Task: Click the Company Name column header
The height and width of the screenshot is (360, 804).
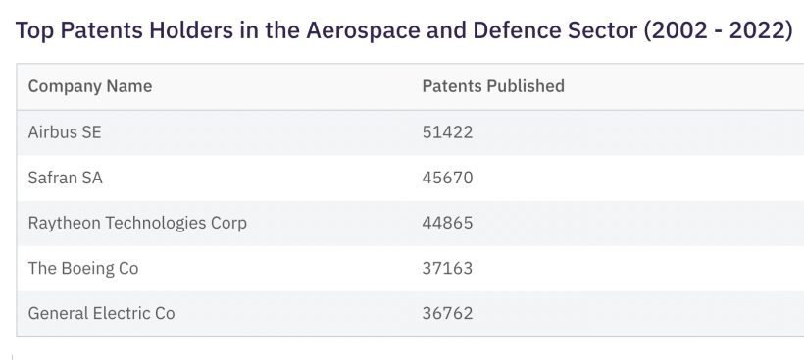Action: pos(90,86)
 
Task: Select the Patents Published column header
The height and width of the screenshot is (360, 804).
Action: pos(493,86)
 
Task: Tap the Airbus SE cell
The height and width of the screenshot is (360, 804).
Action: pos(65,132)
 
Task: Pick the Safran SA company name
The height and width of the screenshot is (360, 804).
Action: pos(66,178)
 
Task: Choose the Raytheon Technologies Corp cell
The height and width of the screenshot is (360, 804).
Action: pos(137,223)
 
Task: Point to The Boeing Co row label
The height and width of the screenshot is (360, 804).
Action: pos(83,268)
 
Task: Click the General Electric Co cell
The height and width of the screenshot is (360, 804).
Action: pos(102,313)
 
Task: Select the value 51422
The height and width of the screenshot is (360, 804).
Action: pos(447,132)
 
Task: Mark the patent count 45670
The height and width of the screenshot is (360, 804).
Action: pos(447,178)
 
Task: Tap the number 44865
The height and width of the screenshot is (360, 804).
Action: pos(447,223)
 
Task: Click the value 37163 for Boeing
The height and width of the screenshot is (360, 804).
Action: pos(447,268)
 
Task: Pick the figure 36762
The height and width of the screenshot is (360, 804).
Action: pos(447,313)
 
